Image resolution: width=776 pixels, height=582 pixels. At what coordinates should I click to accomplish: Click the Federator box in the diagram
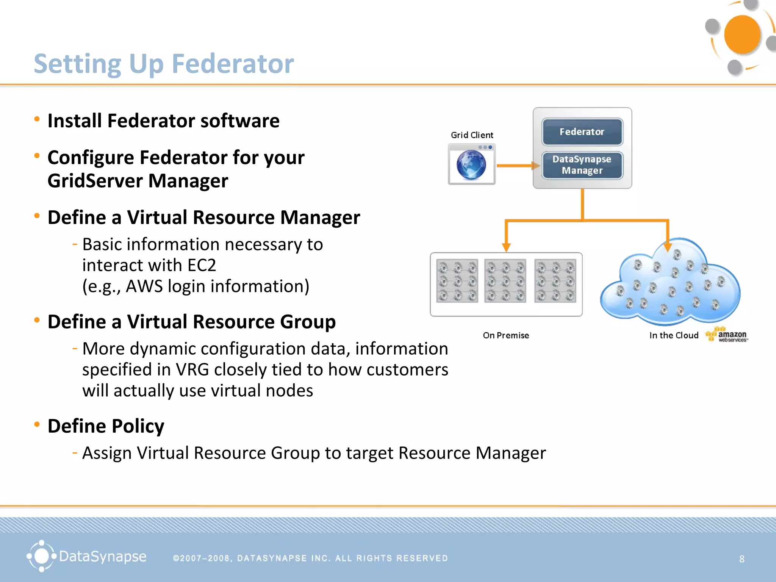click(582, 132)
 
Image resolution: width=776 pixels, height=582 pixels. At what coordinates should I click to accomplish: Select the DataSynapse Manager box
click(582, 165)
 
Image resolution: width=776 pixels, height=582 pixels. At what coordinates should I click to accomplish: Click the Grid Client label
click(472, 135)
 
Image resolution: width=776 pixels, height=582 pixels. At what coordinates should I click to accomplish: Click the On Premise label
click(506, 335)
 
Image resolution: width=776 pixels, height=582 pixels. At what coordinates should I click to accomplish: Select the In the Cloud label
click(674, 335)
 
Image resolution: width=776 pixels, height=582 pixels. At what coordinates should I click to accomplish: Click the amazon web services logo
click(727, 335)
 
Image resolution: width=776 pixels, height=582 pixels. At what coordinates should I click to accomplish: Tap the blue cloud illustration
click(671, 284)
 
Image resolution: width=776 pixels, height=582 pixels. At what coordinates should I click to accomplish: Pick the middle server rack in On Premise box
click(505, 281)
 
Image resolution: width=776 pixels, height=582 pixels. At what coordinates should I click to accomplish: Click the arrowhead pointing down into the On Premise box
click(506, 247)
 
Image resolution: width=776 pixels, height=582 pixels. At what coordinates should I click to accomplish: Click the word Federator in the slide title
click(233, 64)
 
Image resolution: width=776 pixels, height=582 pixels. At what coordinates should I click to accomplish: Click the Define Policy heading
click(106, 426)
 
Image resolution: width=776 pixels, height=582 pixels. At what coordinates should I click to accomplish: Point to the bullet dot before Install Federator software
click(37, 119)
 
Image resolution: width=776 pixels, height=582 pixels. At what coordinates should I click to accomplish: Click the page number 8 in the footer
click(742, 559)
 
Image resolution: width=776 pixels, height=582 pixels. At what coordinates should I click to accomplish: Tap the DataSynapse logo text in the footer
click(102, 557)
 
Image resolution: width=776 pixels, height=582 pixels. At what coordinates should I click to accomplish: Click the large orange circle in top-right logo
click(742, 34)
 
